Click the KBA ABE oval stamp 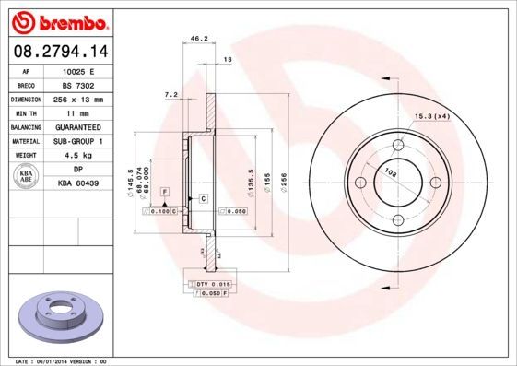pyautogui.click(x=27, y=176)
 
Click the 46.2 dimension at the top pyautogui.click(x=196, y=40)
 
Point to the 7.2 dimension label pyautogui.click(x=170, y=94)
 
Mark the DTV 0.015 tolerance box pyautogui.click(x=214, y=283)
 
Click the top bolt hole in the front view pyautogui.click(x=399, y=144)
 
